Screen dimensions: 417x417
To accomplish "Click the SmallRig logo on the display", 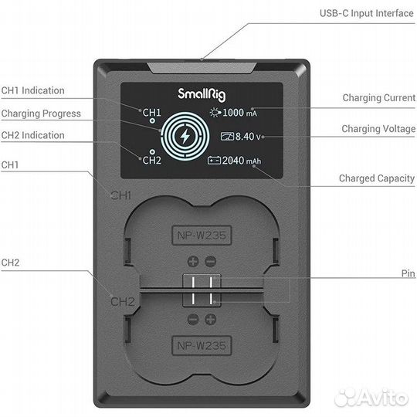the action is pos(202,95).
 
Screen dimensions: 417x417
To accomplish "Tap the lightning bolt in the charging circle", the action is pos(185,136).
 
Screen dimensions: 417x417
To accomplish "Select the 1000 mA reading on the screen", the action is pos(239,113).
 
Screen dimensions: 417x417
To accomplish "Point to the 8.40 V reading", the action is pos(248,137).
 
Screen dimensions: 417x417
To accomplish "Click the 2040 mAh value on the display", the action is pos(242,161).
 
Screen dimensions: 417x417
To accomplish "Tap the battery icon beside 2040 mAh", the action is pos(214,161).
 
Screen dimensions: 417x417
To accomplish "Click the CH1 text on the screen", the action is pos(151,113).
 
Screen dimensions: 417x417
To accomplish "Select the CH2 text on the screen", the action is pos(151,161).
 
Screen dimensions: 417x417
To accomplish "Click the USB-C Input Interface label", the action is pos(367,13).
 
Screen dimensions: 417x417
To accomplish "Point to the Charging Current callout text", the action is pos(378,98).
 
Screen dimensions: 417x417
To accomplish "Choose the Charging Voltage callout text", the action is pos(378,129).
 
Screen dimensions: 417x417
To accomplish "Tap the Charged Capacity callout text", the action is pos(377,178).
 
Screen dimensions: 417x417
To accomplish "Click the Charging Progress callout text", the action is pos(41,114).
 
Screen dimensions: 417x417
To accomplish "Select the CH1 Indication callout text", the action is pos(32,90).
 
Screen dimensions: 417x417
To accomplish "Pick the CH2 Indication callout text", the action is pos(32,135).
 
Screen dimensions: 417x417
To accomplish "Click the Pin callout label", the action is pos(408,273).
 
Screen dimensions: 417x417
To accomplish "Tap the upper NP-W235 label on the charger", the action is pos(202,236).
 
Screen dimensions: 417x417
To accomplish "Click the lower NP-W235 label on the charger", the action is pos(202,346).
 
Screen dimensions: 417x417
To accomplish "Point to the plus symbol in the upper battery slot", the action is pos(193,262).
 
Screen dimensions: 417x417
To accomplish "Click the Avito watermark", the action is pos(371,398).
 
